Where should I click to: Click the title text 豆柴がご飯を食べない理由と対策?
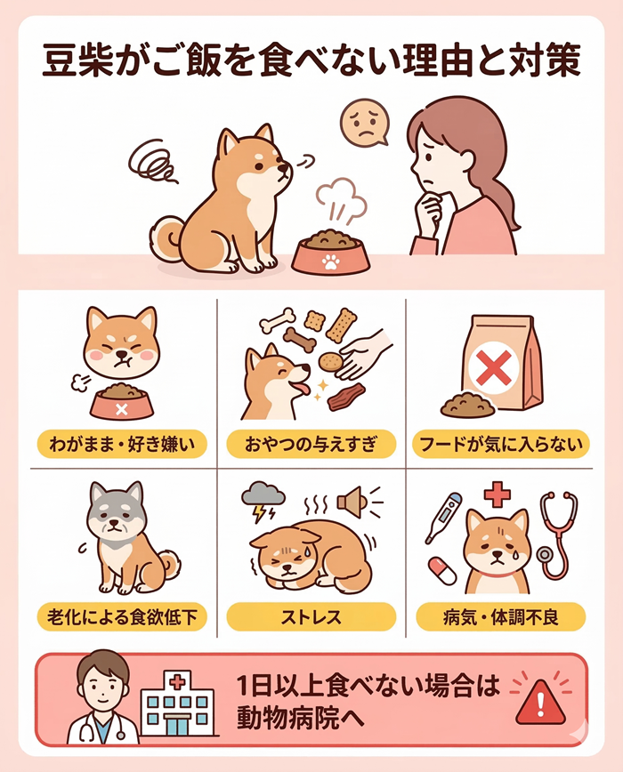click(x=311, y=65)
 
